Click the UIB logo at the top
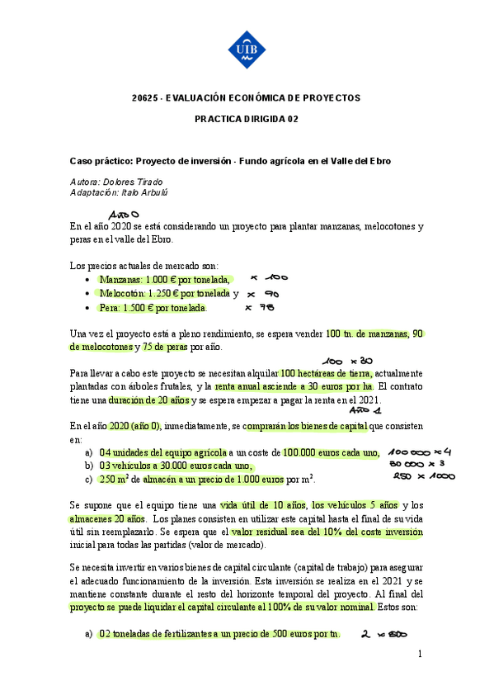click(247, 49)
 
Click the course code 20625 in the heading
click(146, 97)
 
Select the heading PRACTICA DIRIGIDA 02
click(246, 119)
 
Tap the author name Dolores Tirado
click(140, 182)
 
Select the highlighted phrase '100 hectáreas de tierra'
click(327, 372)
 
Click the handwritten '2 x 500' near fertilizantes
click(380, 634)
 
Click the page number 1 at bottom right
click(420, 655)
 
